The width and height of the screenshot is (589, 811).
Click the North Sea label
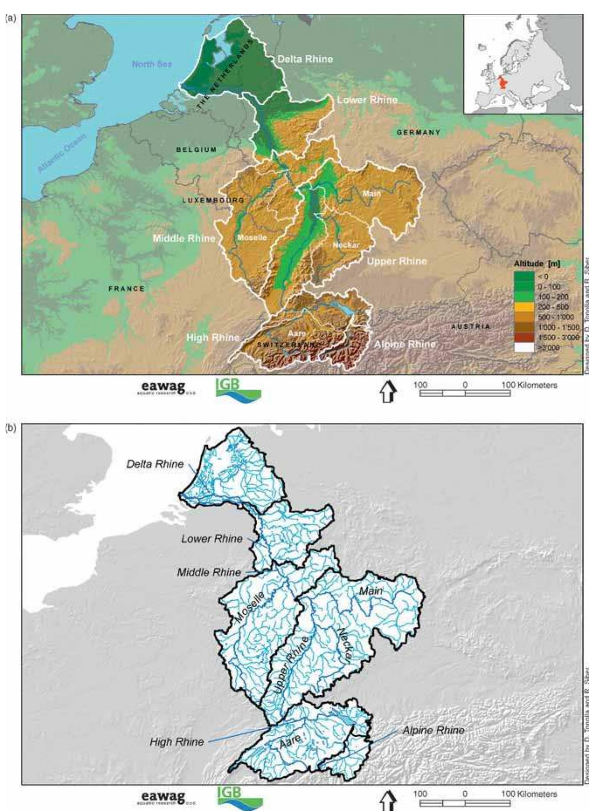(x=152, y=64)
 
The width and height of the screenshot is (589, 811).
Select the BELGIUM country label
(x=196, y=150)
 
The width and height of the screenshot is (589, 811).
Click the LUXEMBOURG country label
(x=213, y=200)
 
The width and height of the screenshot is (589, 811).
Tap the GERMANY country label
(x=418, y=132)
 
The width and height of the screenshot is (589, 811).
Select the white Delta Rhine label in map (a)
(x=305, y=59)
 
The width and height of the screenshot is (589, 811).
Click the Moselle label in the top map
(x=252, y=237)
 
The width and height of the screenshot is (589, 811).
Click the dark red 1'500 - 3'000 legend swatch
(x=524, y=337)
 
